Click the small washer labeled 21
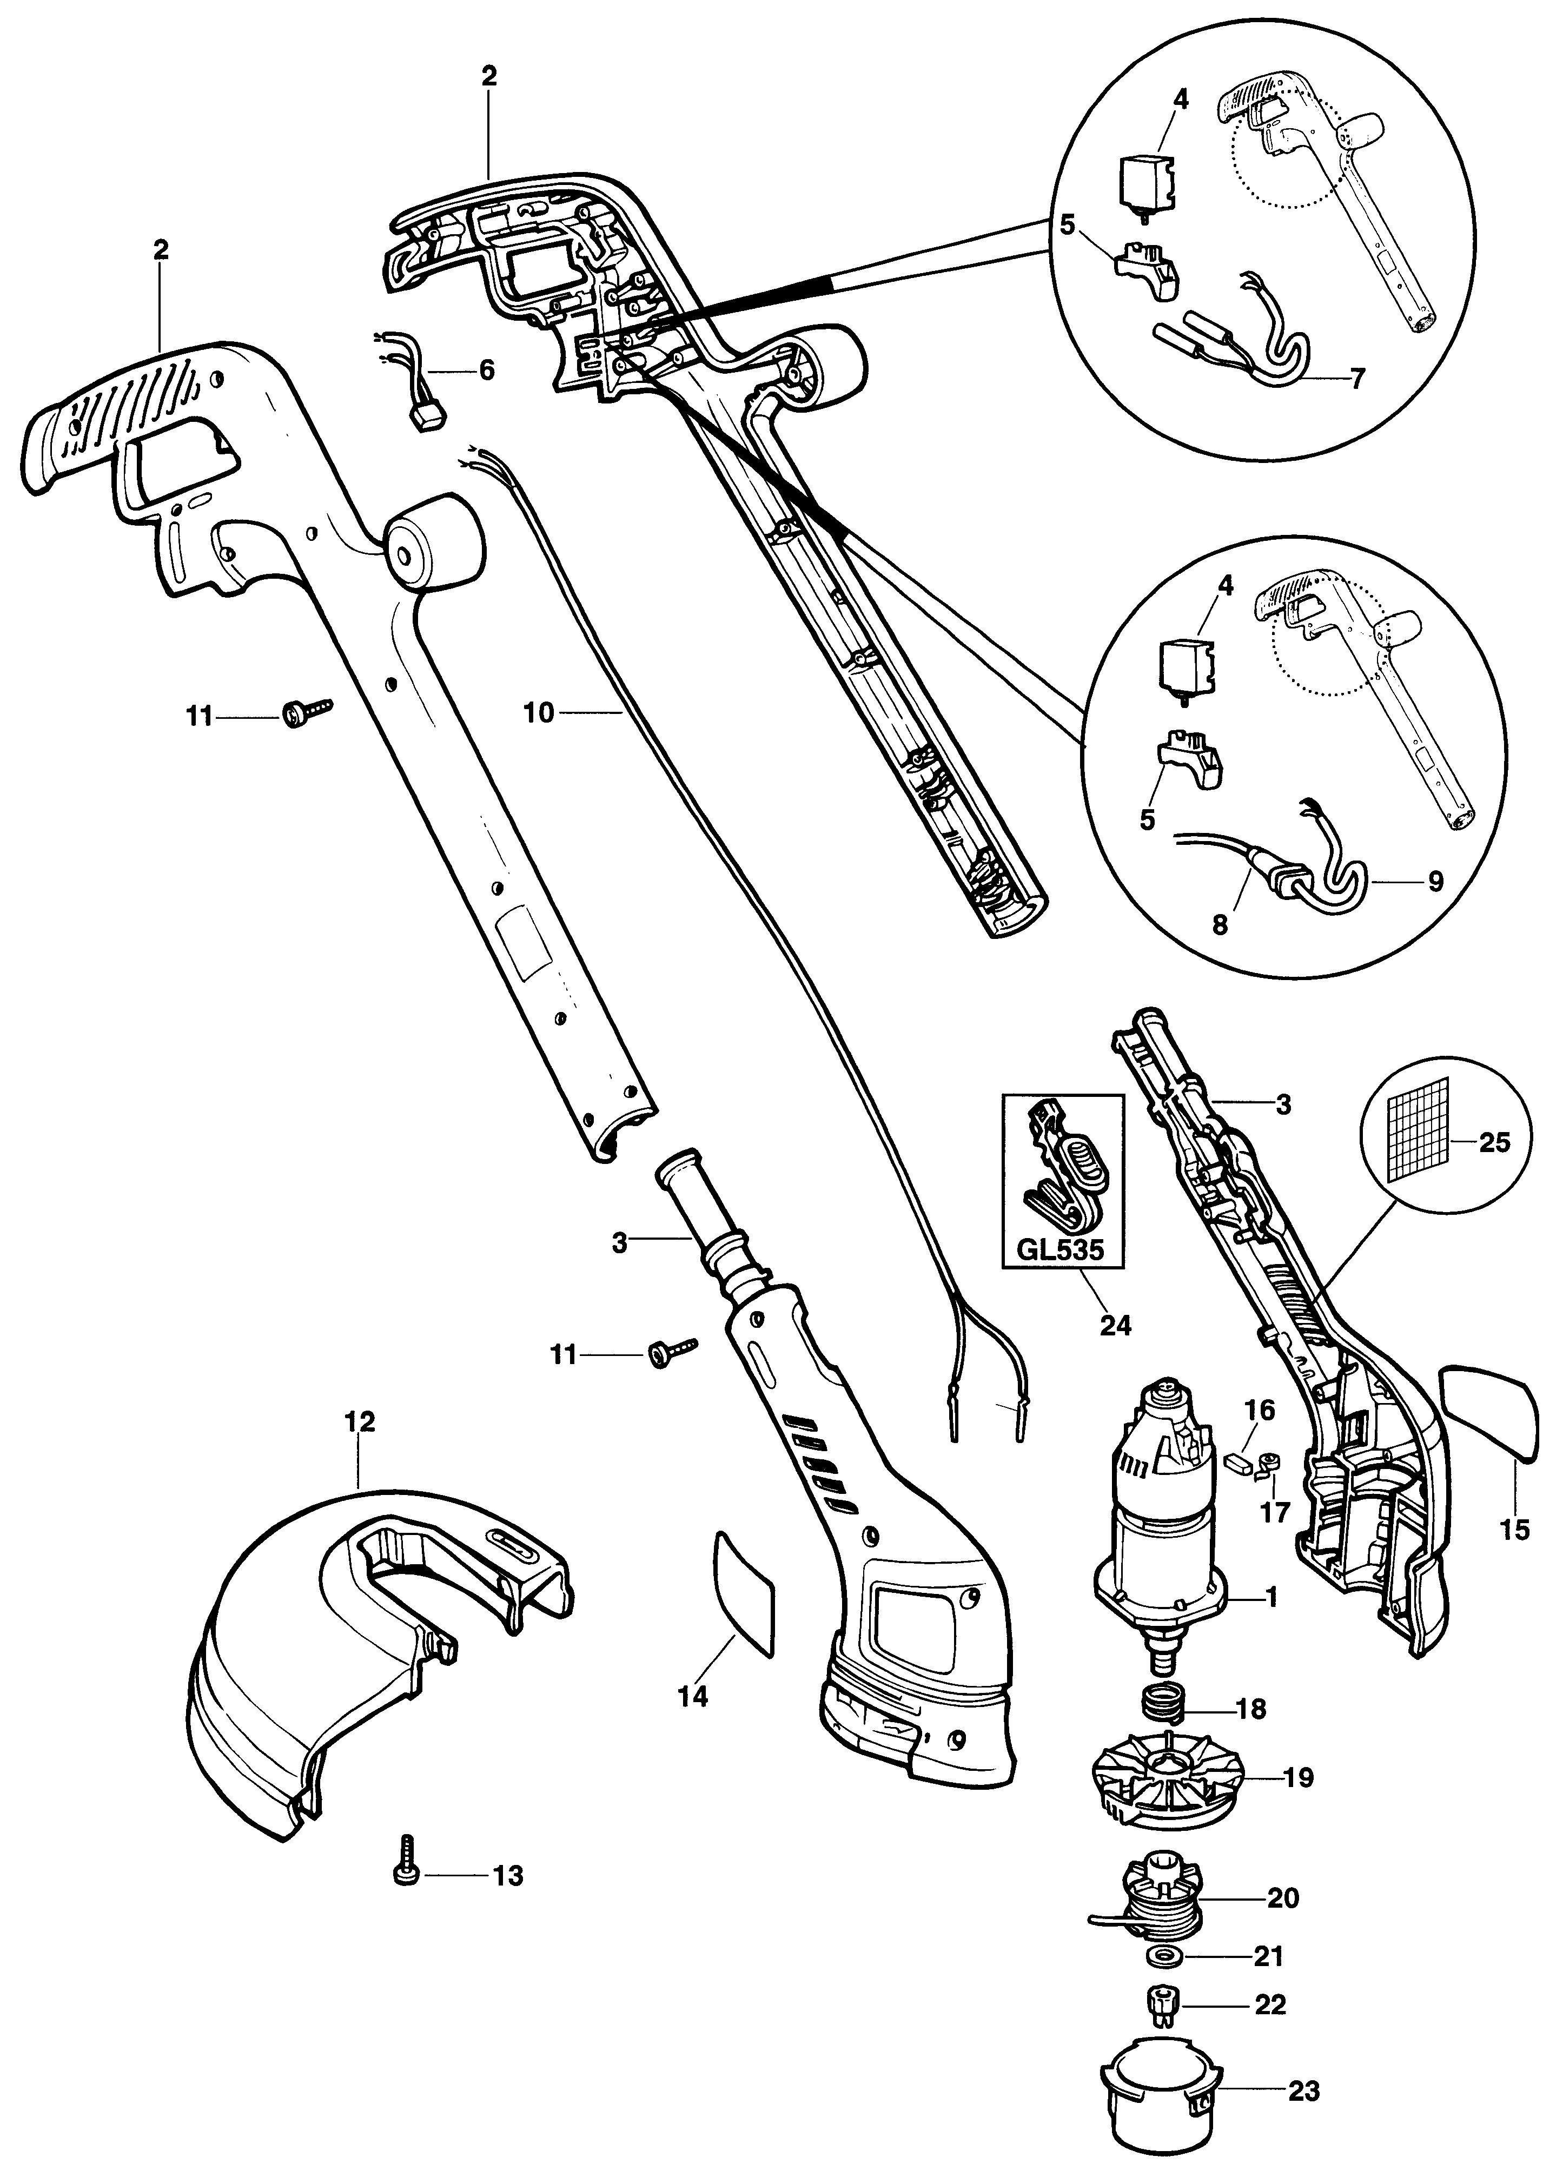click(1158, 1953)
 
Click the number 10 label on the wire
click(539, 712)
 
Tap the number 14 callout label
click(693, 1696)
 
